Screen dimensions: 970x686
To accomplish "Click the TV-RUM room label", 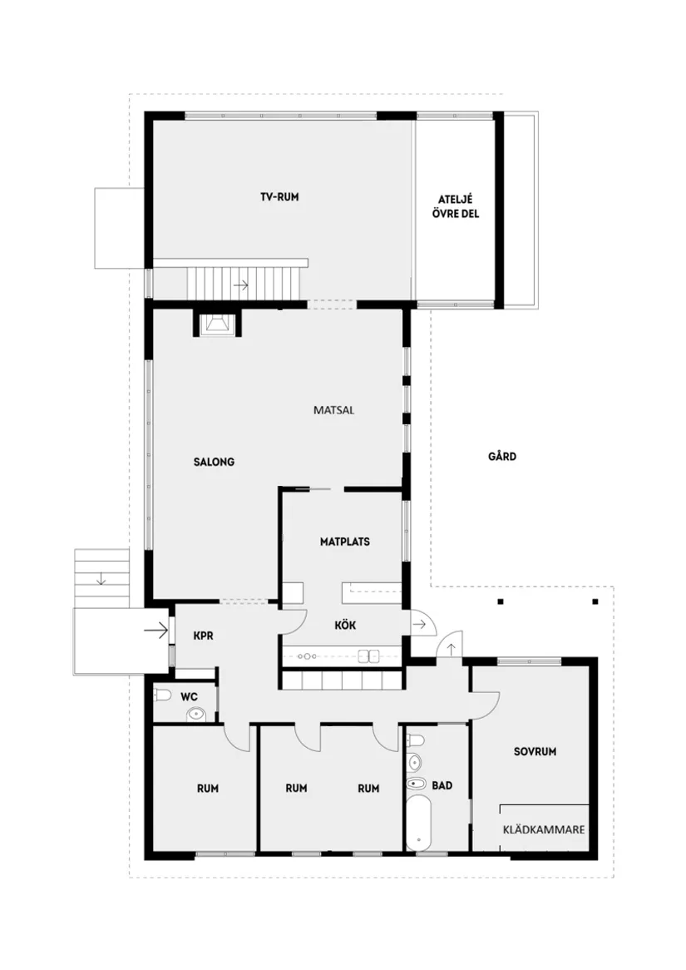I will [x=279, y=197].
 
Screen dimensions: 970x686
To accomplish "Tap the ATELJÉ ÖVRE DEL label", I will [x=458, y=206].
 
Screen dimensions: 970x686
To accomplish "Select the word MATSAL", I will [x=334, y=410].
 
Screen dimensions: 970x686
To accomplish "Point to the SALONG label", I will [x=214, y=462].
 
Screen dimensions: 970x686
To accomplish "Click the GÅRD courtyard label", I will [x=502, y=456].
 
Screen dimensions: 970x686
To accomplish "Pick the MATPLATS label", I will [x=344, y=542].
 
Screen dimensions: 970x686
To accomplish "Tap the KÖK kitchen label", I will [x=345, y=626].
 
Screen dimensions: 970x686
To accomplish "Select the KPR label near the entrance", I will [x=204, y=635].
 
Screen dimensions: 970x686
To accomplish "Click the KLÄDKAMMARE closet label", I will [x=545, y=829].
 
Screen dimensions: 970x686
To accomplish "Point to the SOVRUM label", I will [x=535, y=751].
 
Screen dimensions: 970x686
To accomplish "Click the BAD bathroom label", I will [x=442, y=784].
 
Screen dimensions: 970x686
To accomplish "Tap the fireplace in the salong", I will [x=218, y=323].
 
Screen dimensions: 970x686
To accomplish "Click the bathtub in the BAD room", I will [x=418, y=824].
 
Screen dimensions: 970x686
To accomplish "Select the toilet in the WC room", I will [x=163, y=695].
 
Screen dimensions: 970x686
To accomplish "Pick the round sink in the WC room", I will [x=196, y=713].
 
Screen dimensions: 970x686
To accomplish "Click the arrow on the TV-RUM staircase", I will [x=241, y=285].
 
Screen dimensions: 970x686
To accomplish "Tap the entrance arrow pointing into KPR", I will [x=155, y=631].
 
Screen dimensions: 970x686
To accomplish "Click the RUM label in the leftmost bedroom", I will [x=208, y=789].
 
